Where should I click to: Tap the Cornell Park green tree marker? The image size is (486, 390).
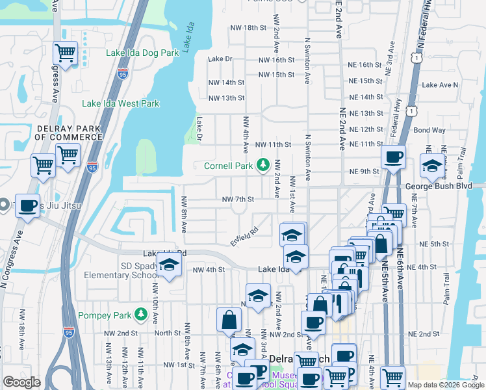pyautogui.click(x=263, y=166)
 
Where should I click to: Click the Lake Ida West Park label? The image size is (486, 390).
pyautogui.click(x=121, y=103)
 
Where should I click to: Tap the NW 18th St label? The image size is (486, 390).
pyautogui.click(x=249, y=28)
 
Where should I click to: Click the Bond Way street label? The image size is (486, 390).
pyautogui.click(x=429, y=130)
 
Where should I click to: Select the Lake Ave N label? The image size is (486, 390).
pyautogui.click(x=441, y=85)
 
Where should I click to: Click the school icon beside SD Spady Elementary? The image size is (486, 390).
pyautogui.click(x=169, y=265)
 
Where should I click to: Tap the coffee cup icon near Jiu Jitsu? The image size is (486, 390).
pyautogui.click(x=27, y=205)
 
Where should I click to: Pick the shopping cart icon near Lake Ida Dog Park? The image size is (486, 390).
pyautogui.click(x=66, y=52)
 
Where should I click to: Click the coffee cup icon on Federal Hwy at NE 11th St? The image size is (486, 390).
pyautogui.click(x=393, y=157)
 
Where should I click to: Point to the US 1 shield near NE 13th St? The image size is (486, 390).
pyautogui.click(x=411, y=111)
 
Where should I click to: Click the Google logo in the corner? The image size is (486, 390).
pyautogui.click(x=21, y=382)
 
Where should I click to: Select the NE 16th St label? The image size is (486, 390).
pyautogui.click(x=365, y=65)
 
